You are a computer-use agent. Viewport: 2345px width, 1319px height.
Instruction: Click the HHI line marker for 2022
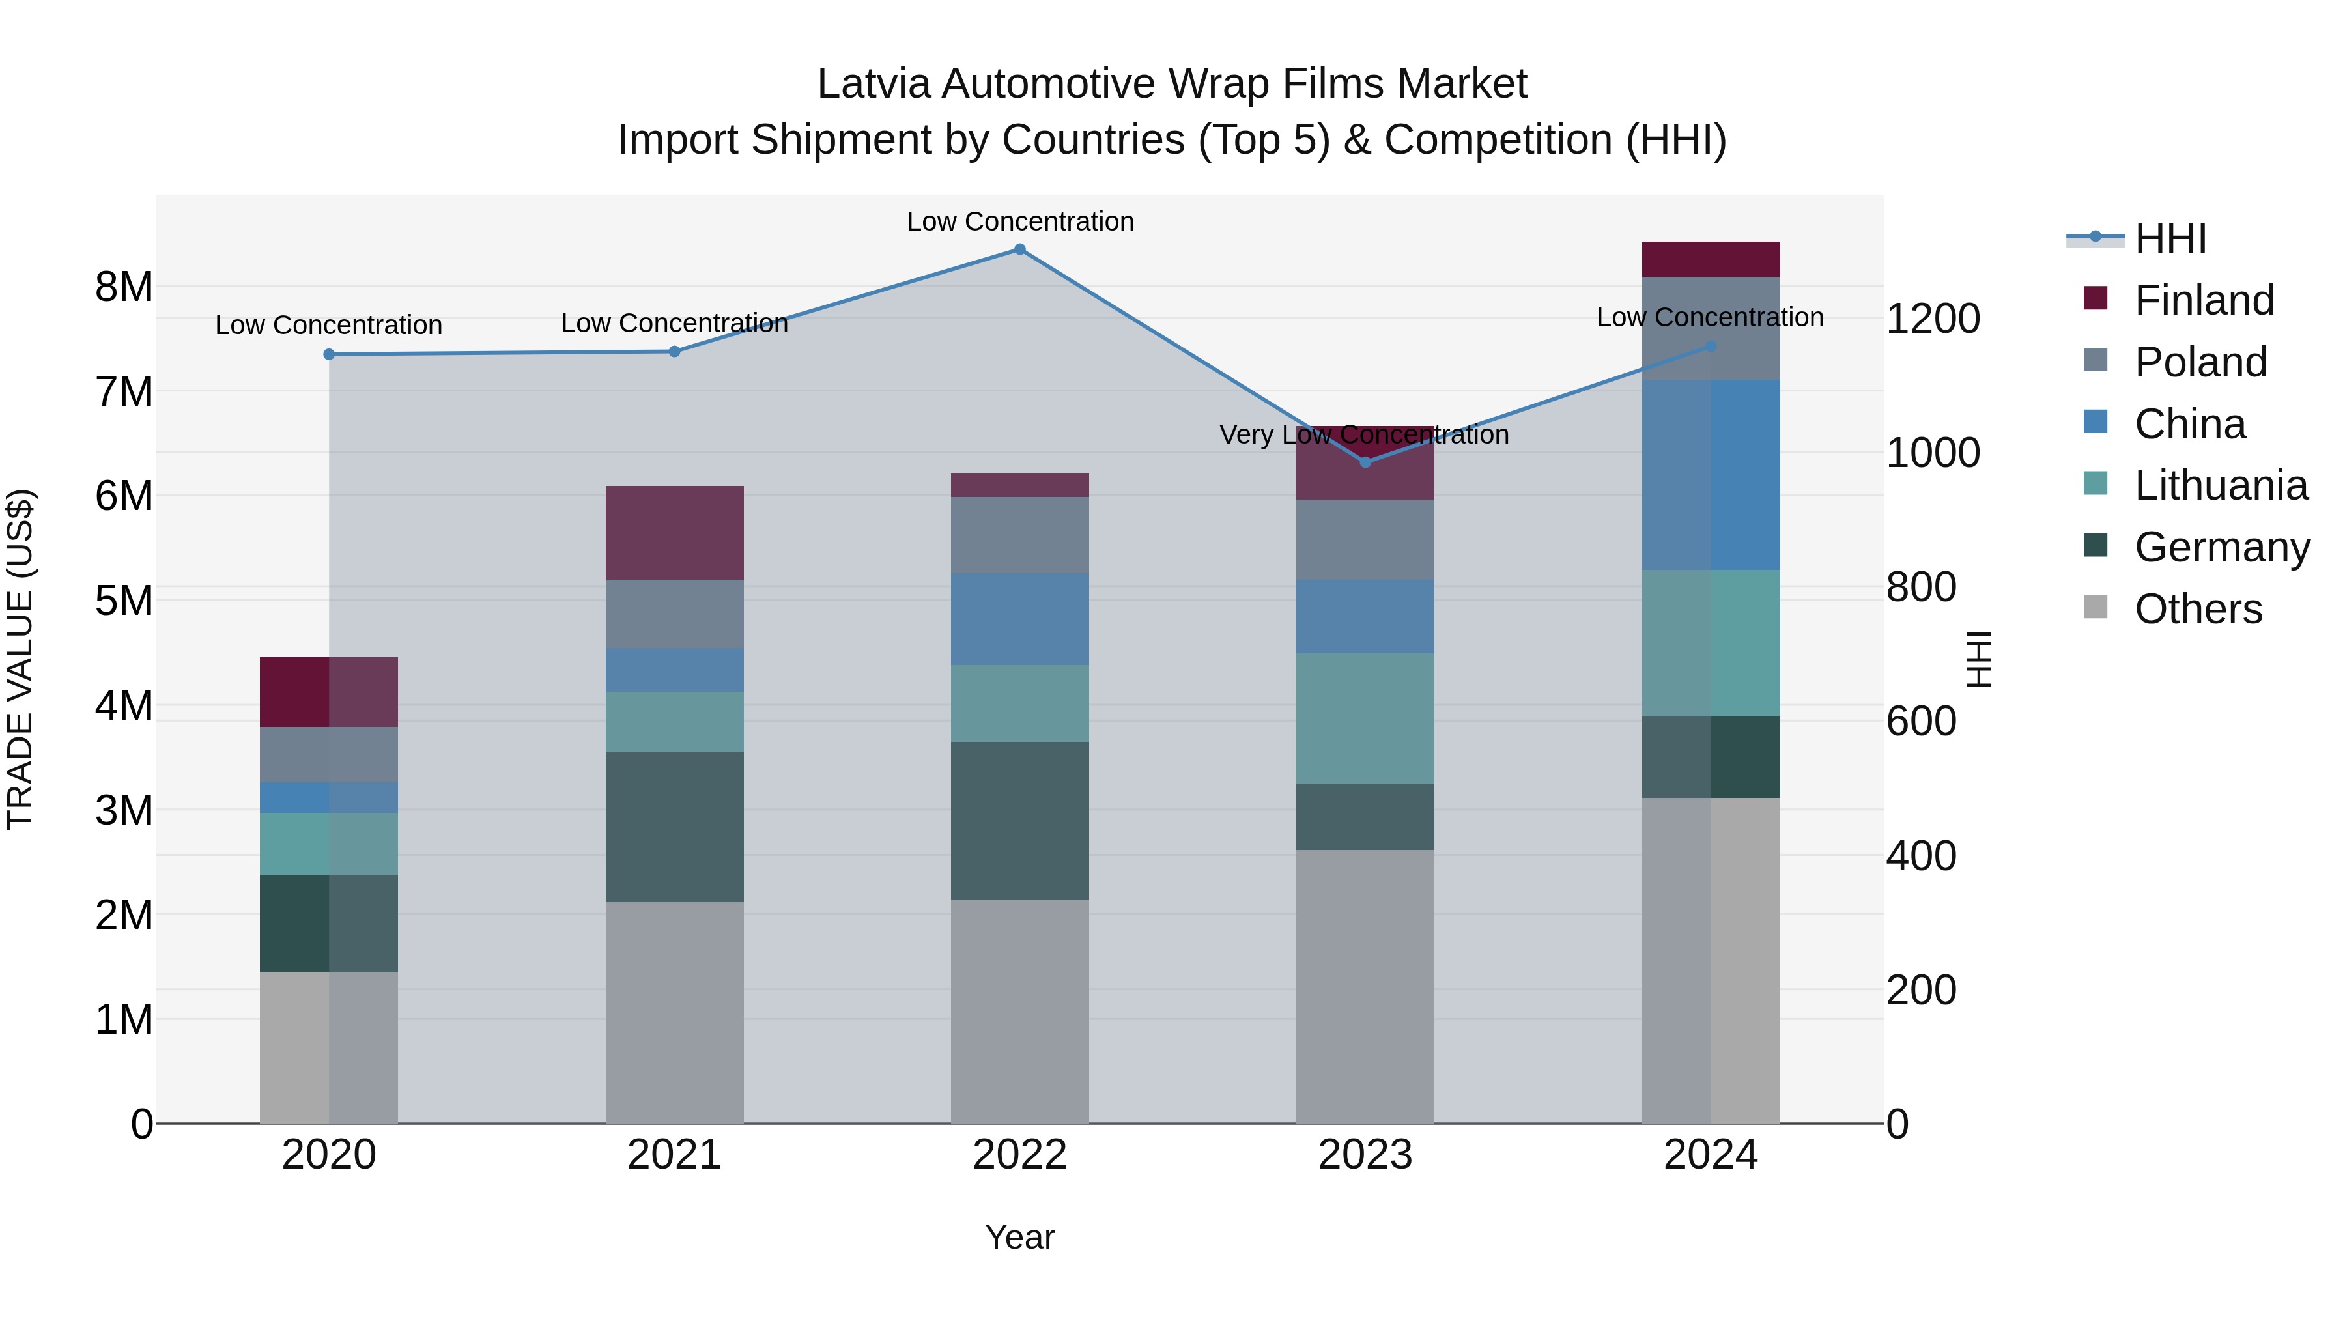click(x=1019, y=249)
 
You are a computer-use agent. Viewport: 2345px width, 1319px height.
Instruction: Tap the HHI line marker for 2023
click(x=1365, y=462)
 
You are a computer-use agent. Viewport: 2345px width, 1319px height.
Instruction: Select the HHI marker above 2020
click(x=329, y=354)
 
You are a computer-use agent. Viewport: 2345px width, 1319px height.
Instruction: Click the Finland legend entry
click(x=2203, y=300)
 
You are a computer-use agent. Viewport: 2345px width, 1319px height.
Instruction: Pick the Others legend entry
click(x=2198, y=609)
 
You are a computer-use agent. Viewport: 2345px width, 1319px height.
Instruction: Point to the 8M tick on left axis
click(x=124, y=287)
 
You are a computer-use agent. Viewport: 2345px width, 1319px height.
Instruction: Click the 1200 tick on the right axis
click(x=1932, y=319)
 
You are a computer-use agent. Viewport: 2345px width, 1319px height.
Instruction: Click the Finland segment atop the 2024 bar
click(x=1710, y=259)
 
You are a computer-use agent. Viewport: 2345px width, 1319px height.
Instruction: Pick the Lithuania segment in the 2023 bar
click(x=1365, y=718)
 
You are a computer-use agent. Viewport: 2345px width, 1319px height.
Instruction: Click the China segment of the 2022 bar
click(x=1019, y=619)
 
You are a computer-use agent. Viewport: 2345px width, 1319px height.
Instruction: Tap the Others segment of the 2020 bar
click(x=329, y=1047)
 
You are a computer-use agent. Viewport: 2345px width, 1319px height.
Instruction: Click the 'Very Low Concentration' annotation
click(x=1363, y=435)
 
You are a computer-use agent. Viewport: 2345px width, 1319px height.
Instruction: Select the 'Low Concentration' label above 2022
click(x=1019, y=221)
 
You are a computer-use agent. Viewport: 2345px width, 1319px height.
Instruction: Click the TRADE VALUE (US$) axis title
click(x=20, y=659)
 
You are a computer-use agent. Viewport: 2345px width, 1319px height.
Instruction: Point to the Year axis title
click(x=1019, y=1237)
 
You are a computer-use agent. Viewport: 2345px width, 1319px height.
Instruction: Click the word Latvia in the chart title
click(x=874, y=84)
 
